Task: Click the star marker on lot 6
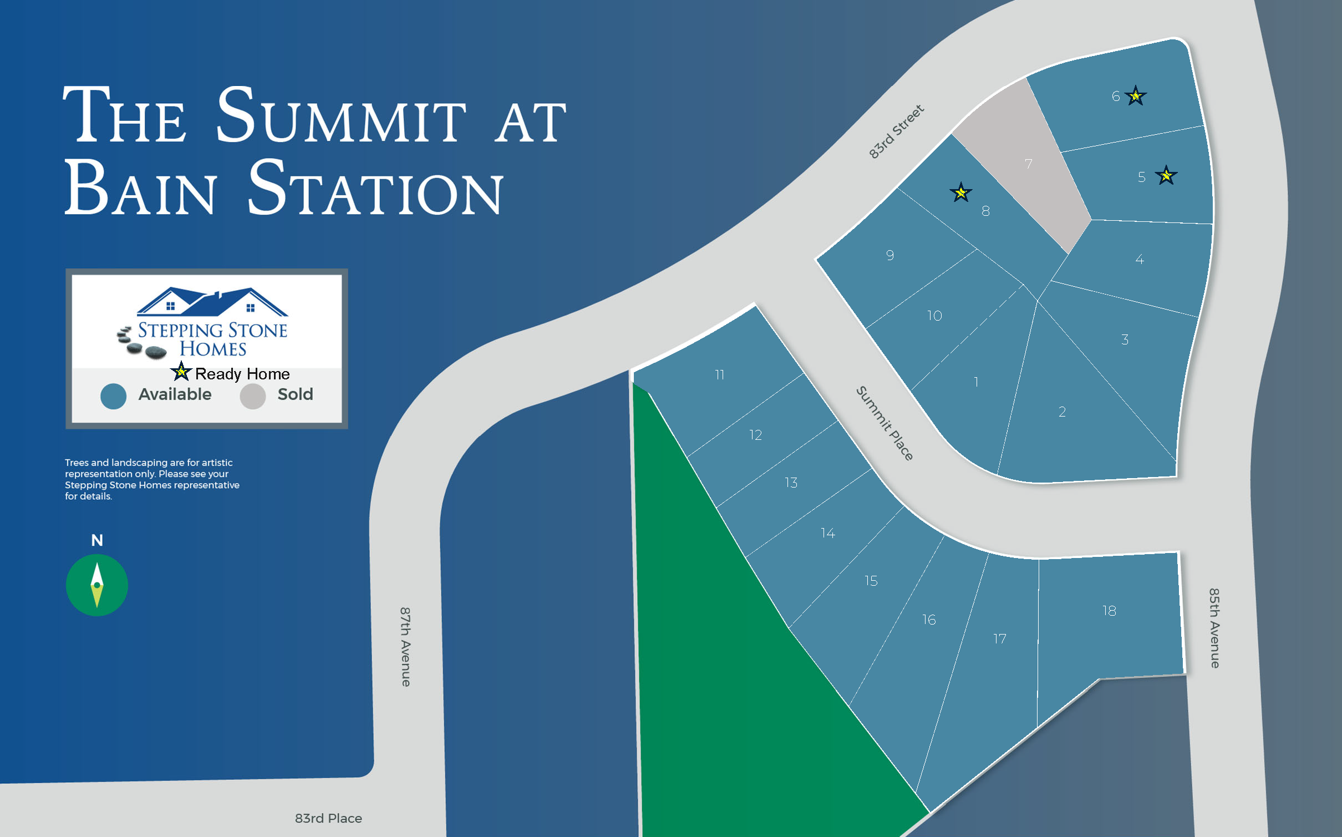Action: (1136, 96)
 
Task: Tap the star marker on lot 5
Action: (1166, 176)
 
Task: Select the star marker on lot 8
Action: (960, 192)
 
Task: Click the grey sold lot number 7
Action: (1029, 164)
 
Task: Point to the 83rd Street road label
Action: (896, 131)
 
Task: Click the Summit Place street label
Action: (884, 423)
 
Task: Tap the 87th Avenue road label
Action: (406, 647)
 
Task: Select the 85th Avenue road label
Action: (1214, 628)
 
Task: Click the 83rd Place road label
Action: (328, 818)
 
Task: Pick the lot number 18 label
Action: (1109, 611)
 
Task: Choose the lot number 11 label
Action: (719, 375)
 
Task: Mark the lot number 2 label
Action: (1062, 412)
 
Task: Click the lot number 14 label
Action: (828, 533)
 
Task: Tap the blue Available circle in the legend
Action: (113, 396)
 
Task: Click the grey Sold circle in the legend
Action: (252, 396)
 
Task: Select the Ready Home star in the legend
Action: (181, 371)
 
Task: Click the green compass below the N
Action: (97, 585)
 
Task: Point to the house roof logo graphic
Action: (212, 302)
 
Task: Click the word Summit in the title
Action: (341, 115)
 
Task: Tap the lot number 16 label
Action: (929, 620)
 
